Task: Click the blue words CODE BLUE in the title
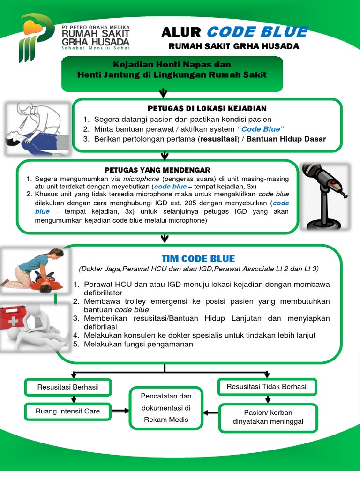pos(257,32)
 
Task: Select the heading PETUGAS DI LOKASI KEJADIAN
pos(207,109)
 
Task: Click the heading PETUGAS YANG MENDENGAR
pos(157,170)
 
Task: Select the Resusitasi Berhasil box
pos(68,387)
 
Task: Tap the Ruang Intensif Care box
pos(68,411)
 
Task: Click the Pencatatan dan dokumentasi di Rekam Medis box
pos(166,408)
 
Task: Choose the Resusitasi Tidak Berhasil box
pos(267,387)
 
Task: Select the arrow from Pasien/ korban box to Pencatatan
pos(211,413)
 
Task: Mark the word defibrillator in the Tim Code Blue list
pos(104,292)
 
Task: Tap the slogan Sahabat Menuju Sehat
pos(96,47)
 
